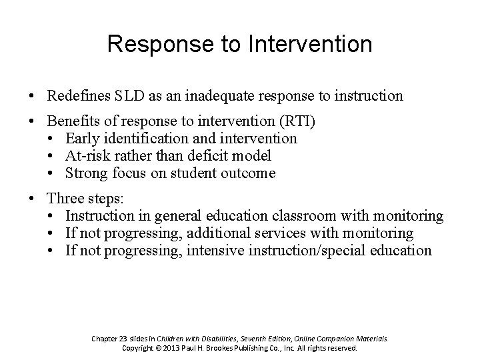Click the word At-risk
pos(87,155)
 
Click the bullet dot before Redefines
pos(32,97)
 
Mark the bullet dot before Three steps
pos(32,200)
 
